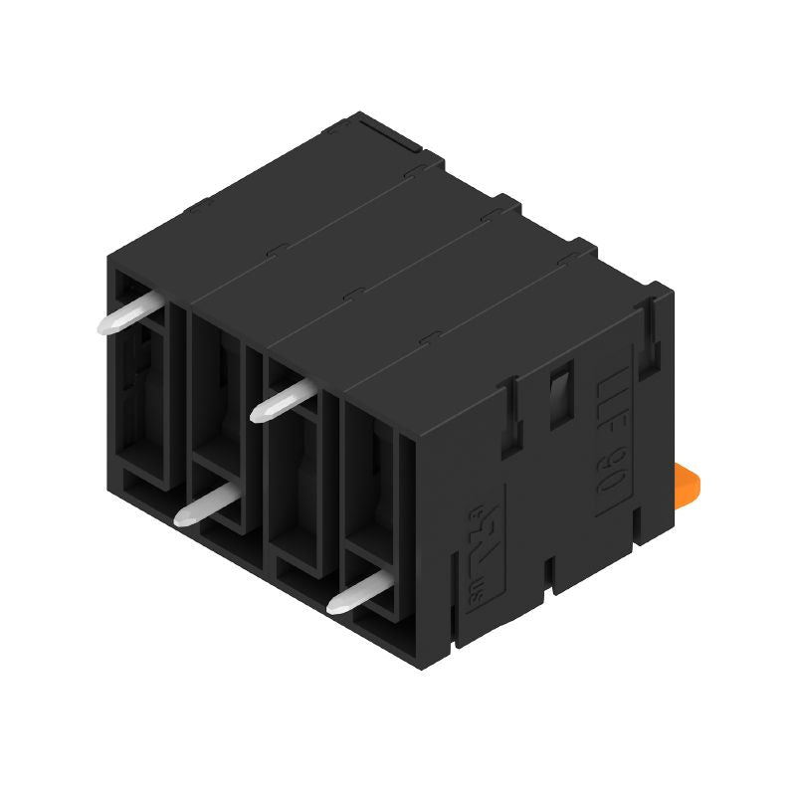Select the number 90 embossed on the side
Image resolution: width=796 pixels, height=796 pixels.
click(606, 476)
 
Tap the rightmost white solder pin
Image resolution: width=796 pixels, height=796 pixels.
click(355, 593)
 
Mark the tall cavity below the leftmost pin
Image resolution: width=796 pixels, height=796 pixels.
click(146, 408)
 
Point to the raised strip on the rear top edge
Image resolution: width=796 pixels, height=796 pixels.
click(388, 132)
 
